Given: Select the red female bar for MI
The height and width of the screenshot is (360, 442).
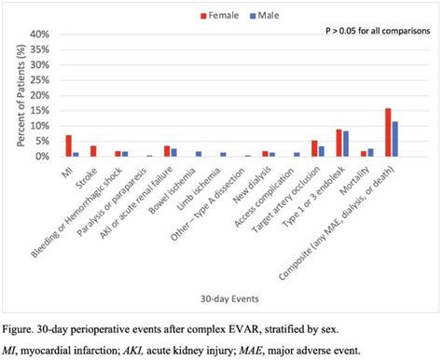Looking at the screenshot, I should pyautogui.click(x=68, y=145).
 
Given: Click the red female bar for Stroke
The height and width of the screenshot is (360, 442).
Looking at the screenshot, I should pyautogui.click(x=93, y=151).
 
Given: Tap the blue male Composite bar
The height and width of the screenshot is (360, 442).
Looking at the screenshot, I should pyautogui.click(x=395, y=139).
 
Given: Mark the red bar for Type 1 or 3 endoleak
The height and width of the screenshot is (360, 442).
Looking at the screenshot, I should pyautogui.click(x=339, y=143).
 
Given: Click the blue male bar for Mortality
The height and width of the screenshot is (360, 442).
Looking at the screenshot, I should pyautogui.click(x=370, y=153).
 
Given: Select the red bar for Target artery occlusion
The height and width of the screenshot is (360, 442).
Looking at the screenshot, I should pyautogui.click(x=314, y=148).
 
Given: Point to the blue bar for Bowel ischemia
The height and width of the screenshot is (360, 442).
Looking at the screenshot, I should pyautogui.click(x=199, y=154).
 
